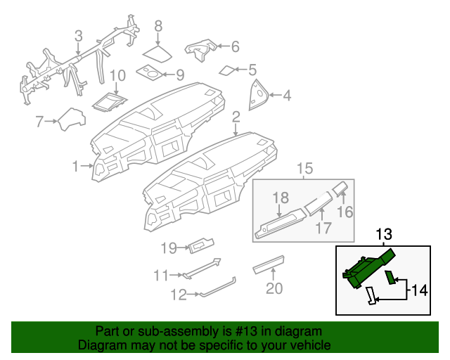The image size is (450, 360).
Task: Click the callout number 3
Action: pyautogui.click(x=78, y=34)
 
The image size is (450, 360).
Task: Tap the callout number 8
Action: pyautogui.click(x=158, y=26)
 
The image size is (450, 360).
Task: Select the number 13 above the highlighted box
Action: pyautogui.click(x=383, y=234)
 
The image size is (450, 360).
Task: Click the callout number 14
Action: pyautogui.click(x=419, y=288)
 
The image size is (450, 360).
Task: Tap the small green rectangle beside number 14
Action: pyautogui.click(x=390, y=279)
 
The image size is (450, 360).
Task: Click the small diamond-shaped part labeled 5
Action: pyautogui.click(x=229, y=70)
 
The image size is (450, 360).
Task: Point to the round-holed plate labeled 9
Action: pyautogui.click(x=148, y=72)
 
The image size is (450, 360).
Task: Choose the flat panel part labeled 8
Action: pyautogui.click(x=158, y=53)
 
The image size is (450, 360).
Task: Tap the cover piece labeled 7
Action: pyautogui.click(x=72, y=119)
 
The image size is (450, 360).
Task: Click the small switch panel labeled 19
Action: pyautogui.click(x=201, y=245)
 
